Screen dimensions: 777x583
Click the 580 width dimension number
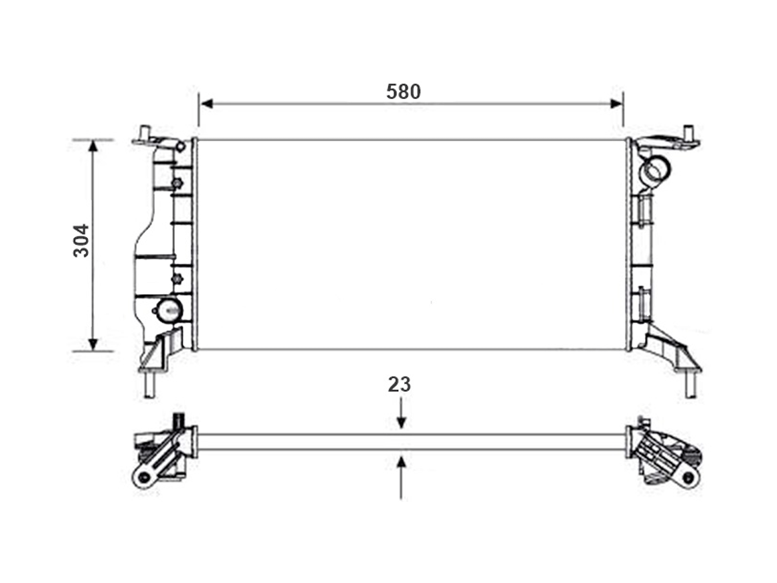click(403, 91)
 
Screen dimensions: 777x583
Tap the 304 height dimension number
click(81, 240)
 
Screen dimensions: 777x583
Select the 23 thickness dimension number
click(400, 384)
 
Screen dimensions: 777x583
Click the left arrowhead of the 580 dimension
click(207, 104)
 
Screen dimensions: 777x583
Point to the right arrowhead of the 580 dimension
click(616, 104)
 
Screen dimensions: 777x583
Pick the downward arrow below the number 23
click(401, 413)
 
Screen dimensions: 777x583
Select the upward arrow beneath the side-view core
click(401, 478)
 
